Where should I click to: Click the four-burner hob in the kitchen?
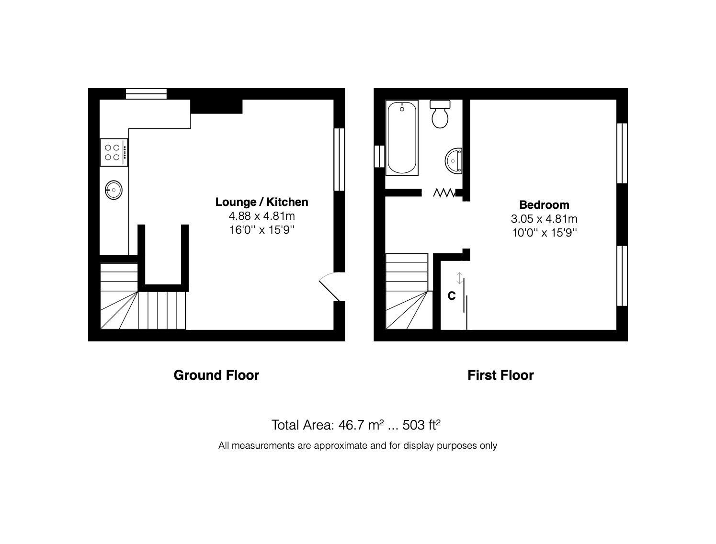pyautogui.click(x=114, y=152)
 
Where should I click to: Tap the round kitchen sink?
pyautogui.click(x=114, y=190)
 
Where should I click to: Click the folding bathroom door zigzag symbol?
pyautogui.click(x=444, y=193)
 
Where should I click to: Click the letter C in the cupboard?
pyautogui.click(x=451, y=296)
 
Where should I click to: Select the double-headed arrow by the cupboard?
pyautogui.click(x=460, y=278)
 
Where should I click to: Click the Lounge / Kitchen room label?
pyautogui.click(x=261, y=202)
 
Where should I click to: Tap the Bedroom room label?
pyautogui.click(x=544, y=205)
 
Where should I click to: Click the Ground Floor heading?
pyautogui.click(x=216, y=375)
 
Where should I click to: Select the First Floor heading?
pyautogui.click(x=500, y=375)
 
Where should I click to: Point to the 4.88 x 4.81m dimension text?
pyautogui.click(x=261, y=216)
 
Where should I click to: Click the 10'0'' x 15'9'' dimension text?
pyautogui.click(x=544, y=233)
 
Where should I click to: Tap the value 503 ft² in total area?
pyautogui.click(x=421, y=425)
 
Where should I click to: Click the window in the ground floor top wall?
pyautogui.click(x=146, y=93)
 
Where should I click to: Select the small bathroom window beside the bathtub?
pyautogui.click(x=379, y=156)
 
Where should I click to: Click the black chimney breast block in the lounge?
pyautogui.click(x=216, y=106)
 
